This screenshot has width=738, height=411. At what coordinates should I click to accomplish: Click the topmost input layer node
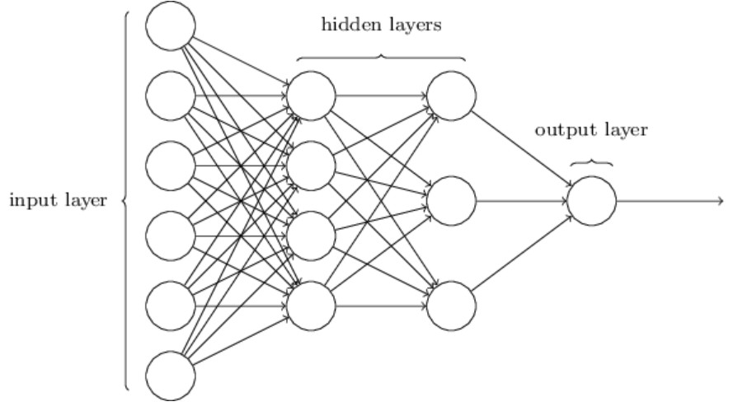[x=171, y=26]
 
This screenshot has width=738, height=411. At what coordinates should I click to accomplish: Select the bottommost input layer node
[x=171, y=376]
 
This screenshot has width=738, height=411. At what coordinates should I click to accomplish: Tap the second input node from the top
[x=171, y=96]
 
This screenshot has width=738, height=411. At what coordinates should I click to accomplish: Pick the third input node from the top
[x=171, y=166]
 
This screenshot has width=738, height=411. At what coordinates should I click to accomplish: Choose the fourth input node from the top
[x=171, y=236]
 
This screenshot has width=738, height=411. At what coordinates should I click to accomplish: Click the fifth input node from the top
[x=171, y=306]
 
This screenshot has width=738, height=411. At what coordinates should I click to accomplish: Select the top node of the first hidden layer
[x=311, y=96]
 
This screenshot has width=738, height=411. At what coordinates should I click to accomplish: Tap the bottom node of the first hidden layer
[x=311, y=306]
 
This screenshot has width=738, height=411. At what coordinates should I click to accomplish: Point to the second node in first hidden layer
[x=311, y=166]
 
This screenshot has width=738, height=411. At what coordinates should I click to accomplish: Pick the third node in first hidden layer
[x=311, y=236]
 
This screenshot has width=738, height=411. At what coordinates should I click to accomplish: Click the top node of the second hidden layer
[x=451, y=96]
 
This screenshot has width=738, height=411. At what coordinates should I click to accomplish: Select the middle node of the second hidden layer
[x=451, y=201]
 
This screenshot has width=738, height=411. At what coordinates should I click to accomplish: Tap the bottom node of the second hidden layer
[x=451, y=306]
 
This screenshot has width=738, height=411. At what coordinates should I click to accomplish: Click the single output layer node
[x=591, y=201]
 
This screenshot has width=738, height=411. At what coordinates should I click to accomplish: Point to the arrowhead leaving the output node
[x=721, y=201]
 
